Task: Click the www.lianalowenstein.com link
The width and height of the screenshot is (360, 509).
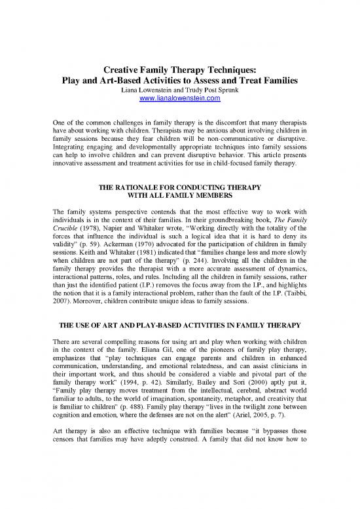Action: tap(179, 99)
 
